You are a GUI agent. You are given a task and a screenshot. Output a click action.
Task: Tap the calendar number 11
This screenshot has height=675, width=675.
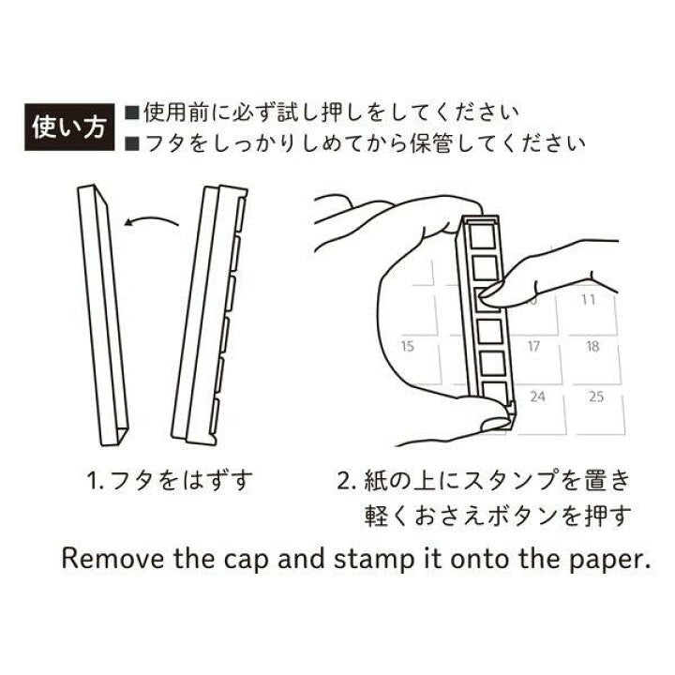coord(588,300)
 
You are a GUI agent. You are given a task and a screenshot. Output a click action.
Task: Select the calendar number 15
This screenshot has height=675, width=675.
coord(407,347)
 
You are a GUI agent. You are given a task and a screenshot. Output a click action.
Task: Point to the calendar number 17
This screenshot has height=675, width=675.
coord(533,347)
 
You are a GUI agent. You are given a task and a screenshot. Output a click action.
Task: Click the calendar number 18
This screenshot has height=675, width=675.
coord(592,347)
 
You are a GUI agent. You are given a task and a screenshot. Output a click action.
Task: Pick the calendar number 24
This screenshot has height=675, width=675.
coord(537,397)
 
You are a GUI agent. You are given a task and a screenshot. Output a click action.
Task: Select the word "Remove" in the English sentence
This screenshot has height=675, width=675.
coord(108,560)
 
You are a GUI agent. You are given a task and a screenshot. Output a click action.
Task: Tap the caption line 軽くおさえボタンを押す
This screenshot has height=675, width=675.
coord(497,517)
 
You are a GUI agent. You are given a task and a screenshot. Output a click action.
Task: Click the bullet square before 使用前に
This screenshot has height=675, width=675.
coord(131,114)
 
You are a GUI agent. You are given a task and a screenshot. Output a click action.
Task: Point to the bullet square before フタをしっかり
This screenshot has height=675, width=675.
coord(131,144)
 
